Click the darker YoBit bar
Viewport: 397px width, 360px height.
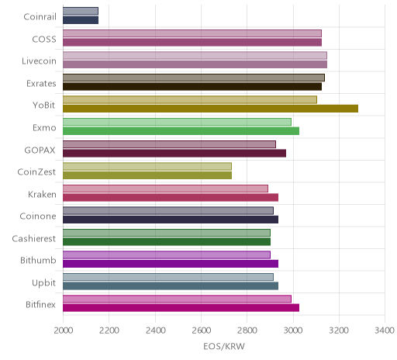(x=210, y=109)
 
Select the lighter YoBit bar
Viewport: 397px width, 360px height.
(x=190, y=100)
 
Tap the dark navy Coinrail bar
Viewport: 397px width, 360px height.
(x=81, y=20)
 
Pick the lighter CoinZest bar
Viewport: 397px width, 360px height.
(x=147, y=166)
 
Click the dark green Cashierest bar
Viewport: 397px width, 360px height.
(x=167, y=242)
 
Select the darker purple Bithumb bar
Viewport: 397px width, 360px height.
(x=171, y=264)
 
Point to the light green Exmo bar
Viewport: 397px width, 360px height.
(x=177, y=122)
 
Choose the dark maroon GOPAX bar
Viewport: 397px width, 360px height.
(x=174, y=154)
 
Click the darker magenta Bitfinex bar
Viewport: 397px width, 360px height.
(x=181, y=308)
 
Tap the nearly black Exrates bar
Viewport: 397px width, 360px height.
(x=192, y=87)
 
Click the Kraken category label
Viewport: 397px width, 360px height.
(x=42, y=194)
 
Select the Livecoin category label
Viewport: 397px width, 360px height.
(x=39, y=61)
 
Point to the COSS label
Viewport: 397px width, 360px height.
(x=44, y=40)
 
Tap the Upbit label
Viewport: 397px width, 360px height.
(x=44, y=283)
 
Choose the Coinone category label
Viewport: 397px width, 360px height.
(x=38, y=216)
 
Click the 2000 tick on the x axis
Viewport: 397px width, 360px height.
(x=64, y=331)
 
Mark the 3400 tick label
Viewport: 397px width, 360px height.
(x=385, y=331)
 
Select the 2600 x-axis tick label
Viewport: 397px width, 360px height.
(x=202, y=331)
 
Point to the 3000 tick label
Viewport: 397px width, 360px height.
(x=293, y=331)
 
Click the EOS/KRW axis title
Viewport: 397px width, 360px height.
(x=224, y=347)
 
